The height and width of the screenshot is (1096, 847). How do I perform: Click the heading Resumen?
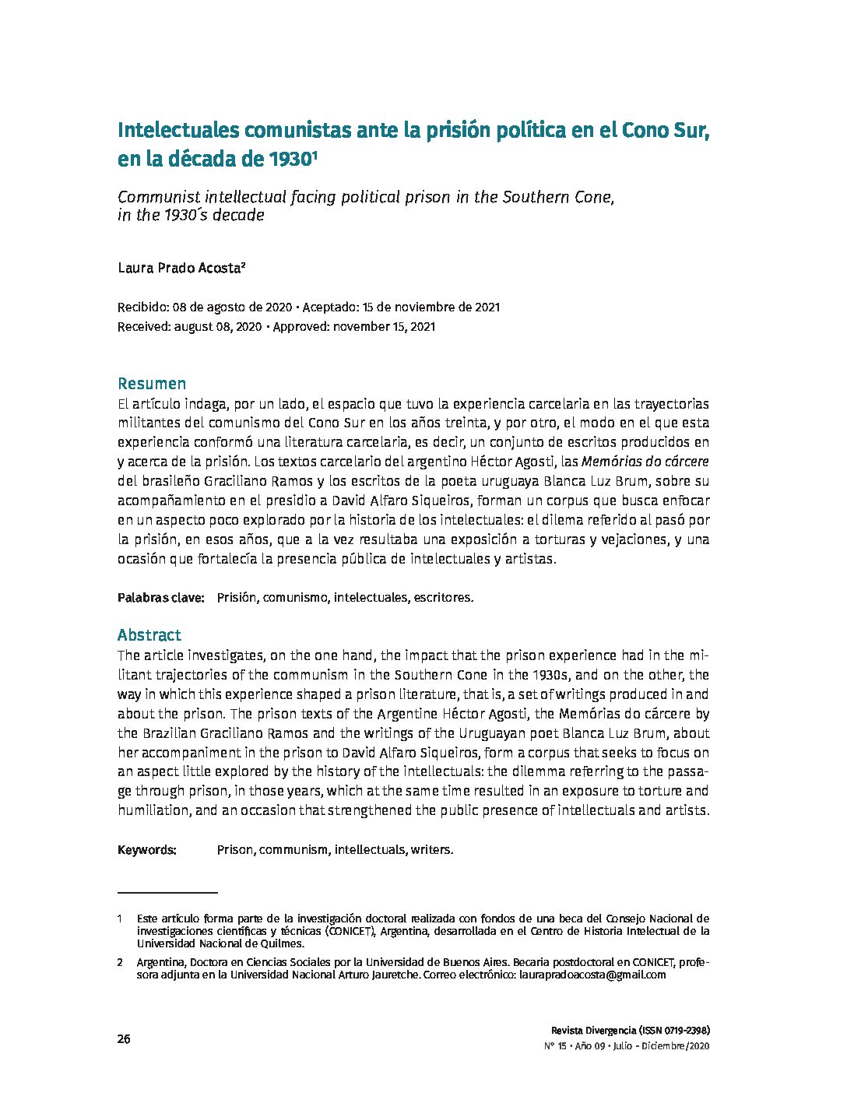point(152,384)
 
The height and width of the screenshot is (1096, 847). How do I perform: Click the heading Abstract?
point(149,635)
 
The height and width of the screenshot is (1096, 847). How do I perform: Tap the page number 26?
point(124,1039)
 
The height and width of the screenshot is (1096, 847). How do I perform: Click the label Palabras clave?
point(160,598)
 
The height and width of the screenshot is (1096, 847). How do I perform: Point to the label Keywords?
point(147,849)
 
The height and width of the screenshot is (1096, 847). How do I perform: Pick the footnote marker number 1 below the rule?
point(121,919)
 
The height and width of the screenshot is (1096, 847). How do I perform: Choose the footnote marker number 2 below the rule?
point(121,963)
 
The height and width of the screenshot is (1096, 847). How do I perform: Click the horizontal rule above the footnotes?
point(167,892)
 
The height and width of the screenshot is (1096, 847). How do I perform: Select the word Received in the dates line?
point(143,327)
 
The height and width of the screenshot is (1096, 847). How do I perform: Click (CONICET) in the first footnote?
point(350,931)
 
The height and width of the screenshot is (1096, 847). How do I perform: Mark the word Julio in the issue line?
point(622,1046)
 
